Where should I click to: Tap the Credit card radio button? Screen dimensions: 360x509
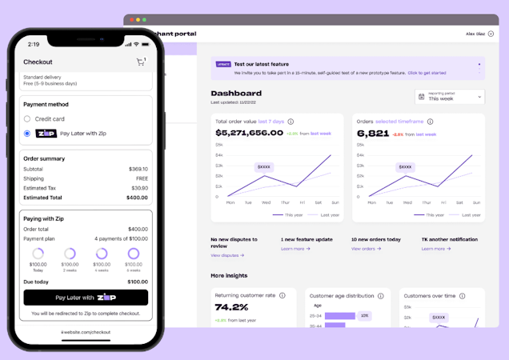[x=27, y=119]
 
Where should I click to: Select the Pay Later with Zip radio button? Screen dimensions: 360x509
[x=27, y=134]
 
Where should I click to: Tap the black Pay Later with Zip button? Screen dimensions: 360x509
[x=86, y=298]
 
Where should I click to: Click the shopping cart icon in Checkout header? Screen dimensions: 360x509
[x=141, y=62]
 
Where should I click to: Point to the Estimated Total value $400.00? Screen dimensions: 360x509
[x=137, y=197]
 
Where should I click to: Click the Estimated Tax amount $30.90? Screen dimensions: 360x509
[x=138, y=188]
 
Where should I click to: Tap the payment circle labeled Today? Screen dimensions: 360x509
[x=38, y=254]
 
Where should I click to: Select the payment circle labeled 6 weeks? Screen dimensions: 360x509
[x=134, y=254]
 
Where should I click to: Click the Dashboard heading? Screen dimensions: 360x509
[x=236, y=94]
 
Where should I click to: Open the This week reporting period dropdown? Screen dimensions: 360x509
[x=450, y=97]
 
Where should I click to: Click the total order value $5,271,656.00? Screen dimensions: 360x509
[x=249, y=133]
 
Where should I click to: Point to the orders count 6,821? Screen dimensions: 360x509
[x=373, y=133]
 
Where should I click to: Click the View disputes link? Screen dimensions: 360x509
[x=227, y=255]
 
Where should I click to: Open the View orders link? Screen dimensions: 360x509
[x=365, y=249]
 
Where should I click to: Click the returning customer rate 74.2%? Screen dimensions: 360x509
[x=232, y=306]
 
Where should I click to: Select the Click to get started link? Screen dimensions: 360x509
[x=427, y=73]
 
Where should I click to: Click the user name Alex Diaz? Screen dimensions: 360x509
[x=475, y=34]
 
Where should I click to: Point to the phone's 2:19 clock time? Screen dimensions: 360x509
[x=34, y=44]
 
